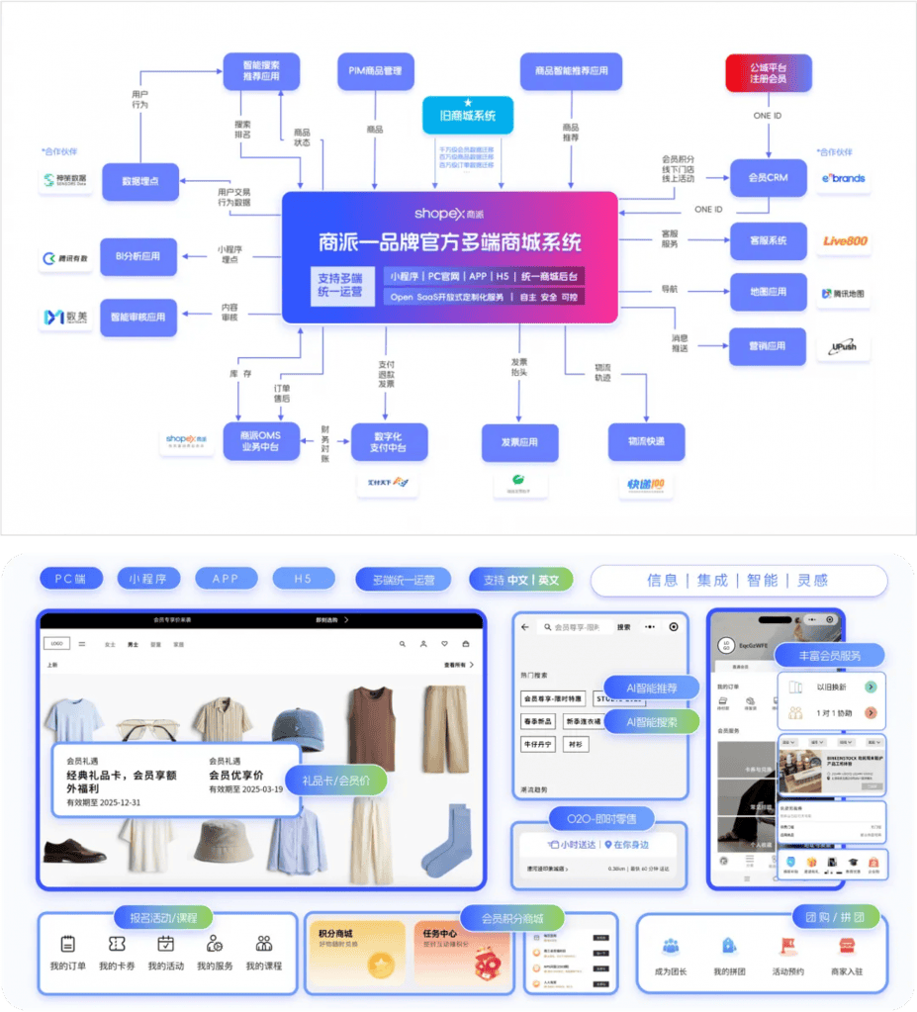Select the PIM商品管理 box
pyautogui.click(x=375, y=71)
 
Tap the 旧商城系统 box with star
pyautogui.click(x=468, y=116)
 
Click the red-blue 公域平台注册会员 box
pyautogui.click(x=768, y=72)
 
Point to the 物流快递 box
pyautogui.click(x=646, y=441)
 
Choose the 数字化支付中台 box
pyautogui.click(x=390, y=441)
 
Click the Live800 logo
pyautogui.click(x=844, y=240)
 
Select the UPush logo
pyautogui.click(x=844, y=347)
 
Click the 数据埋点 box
pyautogui.click(x=139, y=182)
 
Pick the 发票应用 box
pyautogui.click(x=519, y=442)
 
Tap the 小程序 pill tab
pyautogui.click(x=148, y=579)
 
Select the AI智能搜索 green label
pyautogui.click(x=652, y=722)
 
